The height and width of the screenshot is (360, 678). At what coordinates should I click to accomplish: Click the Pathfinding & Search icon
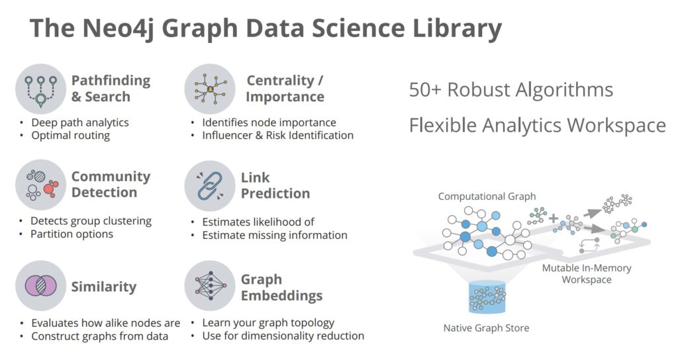click(40, 89)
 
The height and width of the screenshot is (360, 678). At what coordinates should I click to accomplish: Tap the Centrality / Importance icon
click(210, 89)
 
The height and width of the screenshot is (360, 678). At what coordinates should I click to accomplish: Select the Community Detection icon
click(40, 185)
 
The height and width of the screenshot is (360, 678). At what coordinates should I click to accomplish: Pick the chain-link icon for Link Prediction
click(210, 186)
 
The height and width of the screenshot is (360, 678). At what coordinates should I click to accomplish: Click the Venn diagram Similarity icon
click(40, 286)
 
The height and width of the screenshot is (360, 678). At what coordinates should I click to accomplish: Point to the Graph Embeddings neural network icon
click(210, 286)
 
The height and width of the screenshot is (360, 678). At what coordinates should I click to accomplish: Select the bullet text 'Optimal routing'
click(70, 136)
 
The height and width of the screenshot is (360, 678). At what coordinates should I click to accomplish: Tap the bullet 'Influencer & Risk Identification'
click(277, 135)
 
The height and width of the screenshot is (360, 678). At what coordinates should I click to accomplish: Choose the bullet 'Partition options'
click(72, 234)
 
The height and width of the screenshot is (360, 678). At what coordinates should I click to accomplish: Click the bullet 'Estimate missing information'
click(275, 235)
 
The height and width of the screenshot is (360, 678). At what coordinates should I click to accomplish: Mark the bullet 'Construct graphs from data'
click(99, 336)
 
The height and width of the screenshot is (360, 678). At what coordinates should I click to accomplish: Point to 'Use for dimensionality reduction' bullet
click(283, 336)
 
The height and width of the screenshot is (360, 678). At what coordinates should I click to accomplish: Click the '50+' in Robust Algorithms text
click(425, 90)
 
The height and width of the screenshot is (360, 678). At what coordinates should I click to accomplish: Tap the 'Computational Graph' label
click(487, 196)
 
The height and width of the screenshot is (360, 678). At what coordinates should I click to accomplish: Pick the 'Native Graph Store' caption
click(487, 328)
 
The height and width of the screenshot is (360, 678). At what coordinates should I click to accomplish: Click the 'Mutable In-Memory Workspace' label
click(587, 273)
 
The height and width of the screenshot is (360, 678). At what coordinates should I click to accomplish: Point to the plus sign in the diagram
click(554, 218)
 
